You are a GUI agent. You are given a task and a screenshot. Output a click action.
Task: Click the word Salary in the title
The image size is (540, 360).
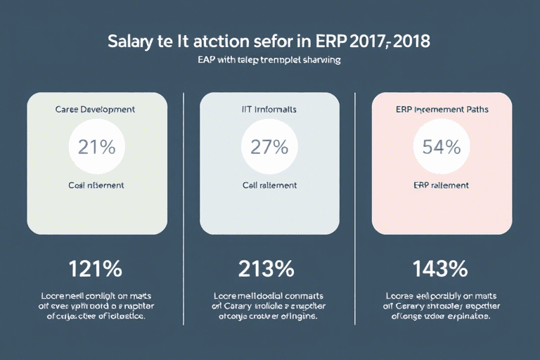click(x=131, y=40)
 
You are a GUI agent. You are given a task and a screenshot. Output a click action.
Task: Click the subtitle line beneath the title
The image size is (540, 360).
click(x=269, y=60)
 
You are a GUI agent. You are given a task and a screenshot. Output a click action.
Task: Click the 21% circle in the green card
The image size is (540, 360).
click(x=96, y=147)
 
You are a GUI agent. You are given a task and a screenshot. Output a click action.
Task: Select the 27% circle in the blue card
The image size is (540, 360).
click(x=269, y=147)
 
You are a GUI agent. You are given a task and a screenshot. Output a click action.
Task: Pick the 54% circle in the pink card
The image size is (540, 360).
click(x=442, y=147)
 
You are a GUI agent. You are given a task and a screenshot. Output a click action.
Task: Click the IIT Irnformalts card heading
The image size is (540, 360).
click(x=269, y=110)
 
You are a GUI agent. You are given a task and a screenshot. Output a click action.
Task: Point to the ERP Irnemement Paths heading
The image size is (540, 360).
click(x=442, y=110)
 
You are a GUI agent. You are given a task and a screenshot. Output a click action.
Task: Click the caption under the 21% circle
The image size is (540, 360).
click(x=96, y=186)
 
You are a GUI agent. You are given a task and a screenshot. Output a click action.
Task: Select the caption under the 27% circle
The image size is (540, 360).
click(x=269, y=186)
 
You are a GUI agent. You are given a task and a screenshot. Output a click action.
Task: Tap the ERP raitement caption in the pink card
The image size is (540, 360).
click(x=442, y=186)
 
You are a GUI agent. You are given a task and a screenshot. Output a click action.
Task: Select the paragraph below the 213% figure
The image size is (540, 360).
click(x=269, y=306)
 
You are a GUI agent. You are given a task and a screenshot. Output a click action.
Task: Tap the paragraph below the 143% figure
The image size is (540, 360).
click(x=442, y=306)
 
